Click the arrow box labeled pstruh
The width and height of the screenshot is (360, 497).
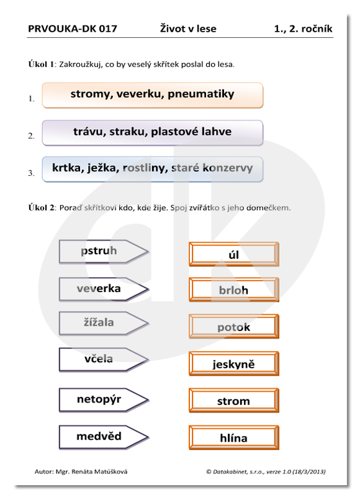pos(104,252)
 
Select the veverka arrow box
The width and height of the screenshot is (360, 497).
pos(104,289)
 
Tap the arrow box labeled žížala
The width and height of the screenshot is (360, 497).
pos(104,323)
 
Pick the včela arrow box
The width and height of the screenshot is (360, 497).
pos(104,360)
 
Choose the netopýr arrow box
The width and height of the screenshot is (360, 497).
pos(104,399)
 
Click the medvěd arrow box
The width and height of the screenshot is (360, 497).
pos(104,437)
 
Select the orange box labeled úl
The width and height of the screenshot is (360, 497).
pos(234,254)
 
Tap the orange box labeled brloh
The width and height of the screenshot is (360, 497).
pos(234,290)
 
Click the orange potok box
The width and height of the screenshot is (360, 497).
pos(234,326)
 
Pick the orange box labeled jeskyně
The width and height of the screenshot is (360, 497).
pos(234,363)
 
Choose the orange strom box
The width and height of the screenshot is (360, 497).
pos(234,400)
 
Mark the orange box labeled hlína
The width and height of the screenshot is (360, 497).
pos(234,437)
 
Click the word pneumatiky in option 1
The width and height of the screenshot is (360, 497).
pos(201,94)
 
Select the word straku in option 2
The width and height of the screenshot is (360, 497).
pos(128,132)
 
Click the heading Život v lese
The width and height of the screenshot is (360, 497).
pos(188,29)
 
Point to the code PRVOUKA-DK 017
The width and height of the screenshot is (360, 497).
pos(73,29)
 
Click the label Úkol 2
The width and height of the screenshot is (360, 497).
pos(42,207)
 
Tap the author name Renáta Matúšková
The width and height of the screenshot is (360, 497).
pos(99,472)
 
